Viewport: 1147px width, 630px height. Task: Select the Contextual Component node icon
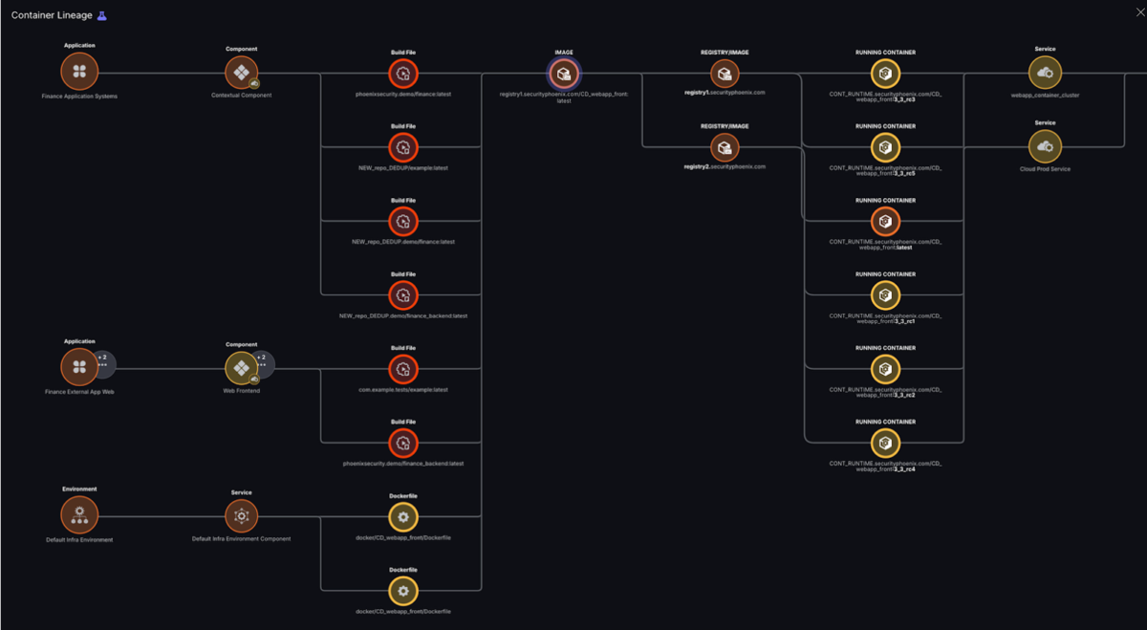point(241,73)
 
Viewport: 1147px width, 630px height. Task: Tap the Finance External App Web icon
point(79,366)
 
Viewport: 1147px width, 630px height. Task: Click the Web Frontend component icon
point(241,368)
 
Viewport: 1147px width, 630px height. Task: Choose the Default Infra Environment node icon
point(79,515)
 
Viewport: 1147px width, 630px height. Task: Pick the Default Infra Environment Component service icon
point(241,516)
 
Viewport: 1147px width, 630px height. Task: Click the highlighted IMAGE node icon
point(564,74)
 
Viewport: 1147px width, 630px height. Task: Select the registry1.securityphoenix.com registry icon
point(725,74)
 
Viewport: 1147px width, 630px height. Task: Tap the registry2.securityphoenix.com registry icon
point(725,147)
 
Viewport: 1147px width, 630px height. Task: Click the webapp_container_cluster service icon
point(1045,73)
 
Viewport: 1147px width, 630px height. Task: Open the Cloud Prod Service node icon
point(1045,146)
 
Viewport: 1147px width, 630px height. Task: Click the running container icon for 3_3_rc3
point(885,74)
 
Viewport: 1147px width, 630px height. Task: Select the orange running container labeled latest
point(885,221)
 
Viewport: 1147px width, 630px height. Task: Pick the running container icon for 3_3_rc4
point(885,443)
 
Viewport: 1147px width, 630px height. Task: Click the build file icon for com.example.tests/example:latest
point(403,369)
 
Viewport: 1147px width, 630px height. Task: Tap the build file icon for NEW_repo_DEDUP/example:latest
point(403,147)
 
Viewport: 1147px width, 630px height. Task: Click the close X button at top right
point(1136,12)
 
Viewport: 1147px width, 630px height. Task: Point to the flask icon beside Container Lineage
point(102,15)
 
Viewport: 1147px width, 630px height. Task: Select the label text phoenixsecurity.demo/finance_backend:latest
point(403,464)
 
